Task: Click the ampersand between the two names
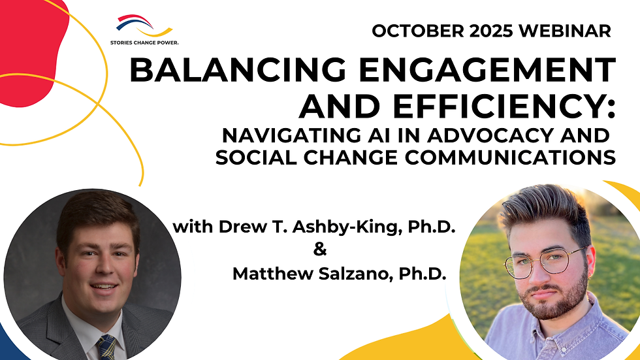(x=319, y=250)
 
